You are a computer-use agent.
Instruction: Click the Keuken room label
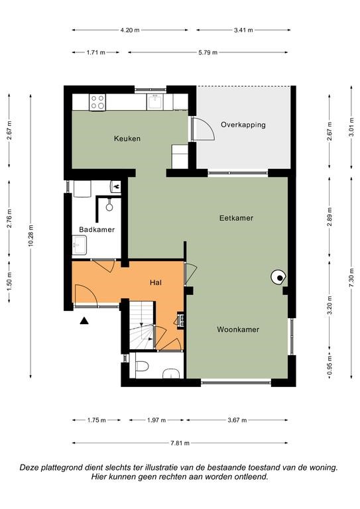pyautogui.click(x=127, y=139)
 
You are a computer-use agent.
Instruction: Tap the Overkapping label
pyautogui.click(x=243, y=125)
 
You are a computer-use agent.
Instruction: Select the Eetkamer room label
pyautogui.click(x=236, y=218)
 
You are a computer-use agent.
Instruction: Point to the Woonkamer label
pyautogui.click(x=238, y=329)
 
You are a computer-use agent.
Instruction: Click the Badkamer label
pyautogui.click(x=97, y=229)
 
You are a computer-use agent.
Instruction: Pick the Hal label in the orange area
pyautogui.click(x=156, y=282)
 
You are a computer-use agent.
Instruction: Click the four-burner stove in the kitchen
pyautogui.click(x=97, y=102)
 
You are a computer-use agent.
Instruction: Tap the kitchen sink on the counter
pyautogui.click(x=155, y=102)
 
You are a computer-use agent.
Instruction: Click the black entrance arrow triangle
pyautogui.click(x=84, y=321)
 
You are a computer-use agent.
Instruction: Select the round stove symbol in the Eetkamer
pyautogui.click(x=278, y=278)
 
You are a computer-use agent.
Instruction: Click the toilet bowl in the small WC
pyautogui.click(x=142, y=366)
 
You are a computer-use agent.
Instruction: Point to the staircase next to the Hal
pyautogui.click(x=142, y=325)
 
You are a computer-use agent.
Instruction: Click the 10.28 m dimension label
pyautogui.click(x=31, y=236)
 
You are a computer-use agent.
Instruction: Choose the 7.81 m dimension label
pyautogui.click(x=179, y=443)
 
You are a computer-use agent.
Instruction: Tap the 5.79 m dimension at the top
pyautogui.click(x=208, y=52)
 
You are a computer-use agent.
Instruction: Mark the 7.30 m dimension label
pyautogui.click(x=351, y=278)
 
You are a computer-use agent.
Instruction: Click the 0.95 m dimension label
pyautogui.click(x=330, y=366)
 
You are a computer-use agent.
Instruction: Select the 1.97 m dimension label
pyautogui.click(x=156, y=420)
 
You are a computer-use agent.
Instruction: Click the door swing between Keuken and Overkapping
pyautogui.click(x=203, y=129)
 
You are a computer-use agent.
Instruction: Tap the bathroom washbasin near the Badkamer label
pyautogui.click(x=79, y=245)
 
